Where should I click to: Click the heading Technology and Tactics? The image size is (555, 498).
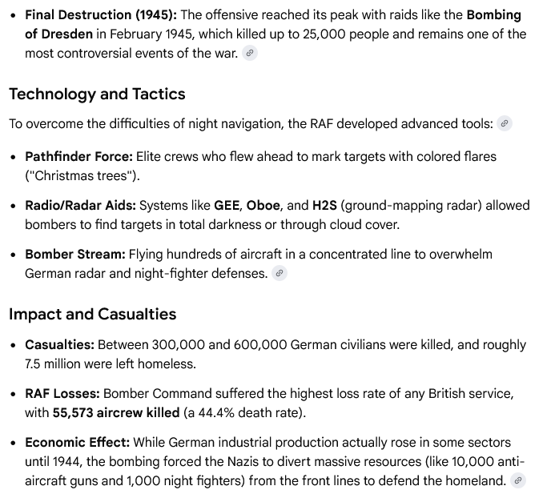pyautogui.click(x=97, y=94)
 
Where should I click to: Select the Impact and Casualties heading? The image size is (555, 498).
pyautogui.click(x=92, y=313)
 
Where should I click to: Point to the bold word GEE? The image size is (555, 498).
pyautogui.click(x=227, y=206)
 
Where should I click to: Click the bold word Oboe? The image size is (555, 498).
pyautogui.click(x=263, y=206)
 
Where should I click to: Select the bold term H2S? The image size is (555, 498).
pyautogui.click(x=324, y=206)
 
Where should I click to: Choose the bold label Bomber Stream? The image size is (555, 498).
pyautogui.click(x=74, y=255)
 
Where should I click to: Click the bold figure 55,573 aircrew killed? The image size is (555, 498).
pyautogui.click(x=116, y=413)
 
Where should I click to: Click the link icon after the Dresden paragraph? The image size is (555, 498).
pyautogui.click(x=250, y=54)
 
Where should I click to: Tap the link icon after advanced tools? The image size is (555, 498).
pyautogui.click(x=504, y=123)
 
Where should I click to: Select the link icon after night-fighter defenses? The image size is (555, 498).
pyautogui.click(x=279, y=274)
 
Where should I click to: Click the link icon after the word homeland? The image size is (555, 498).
pyautogui.click(x=518, y=480)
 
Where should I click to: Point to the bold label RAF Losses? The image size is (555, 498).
pyautogui.click(x=62, y=394)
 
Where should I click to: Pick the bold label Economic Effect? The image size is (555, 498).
pyautogui.click(x=77, y=442)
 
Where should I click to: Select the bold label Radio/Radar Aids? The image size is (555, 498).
pyautogui.click(x=80, y=206)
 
